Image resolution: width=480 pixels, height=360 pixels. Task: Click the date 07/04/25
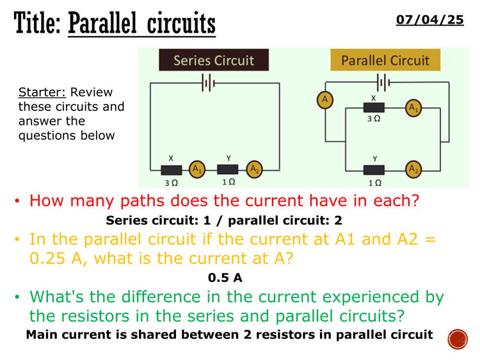click(429, 20)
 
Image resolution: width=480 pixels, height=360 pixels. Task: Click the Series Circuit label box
click(214, 60)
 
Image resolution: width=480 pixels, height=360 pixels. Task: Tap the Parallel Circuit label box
click(385, 60)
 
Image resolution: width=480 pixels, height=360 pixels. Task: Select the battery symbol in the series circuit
click(207, 83)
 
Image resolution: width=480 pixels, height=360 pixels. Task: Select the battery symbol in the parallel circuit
click(383, 83)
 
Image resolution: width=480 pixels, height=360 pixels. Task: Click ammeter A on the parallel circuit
click(325, 99)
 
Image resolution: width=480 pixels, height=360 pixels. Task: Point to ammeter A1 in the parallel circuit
click(414, 108)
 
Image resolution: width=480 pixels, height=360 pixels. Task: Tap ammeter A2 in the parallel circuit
click(414, 169)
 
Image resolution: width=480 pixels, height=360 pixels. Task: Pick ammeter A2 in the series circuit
click(255, 169)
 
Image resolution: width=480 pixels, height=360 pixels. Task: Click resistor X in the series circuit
click(172, 170)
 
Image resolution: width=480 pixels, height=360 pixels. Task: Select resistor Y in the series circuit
click(228, 169)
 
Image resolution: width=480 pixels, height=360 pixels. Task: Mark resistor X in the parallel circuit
click(374, 108)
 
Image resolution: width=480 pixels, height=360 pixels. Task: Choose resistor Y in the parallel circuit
click(374, 170)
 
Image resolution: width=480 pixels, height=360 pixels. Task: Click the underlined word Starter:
click(42, 92)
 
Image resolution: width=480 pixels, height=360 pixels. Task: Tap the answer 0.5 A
click(225, 278)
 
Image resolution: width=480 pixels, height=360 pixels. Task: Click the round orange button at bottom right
click(458, 339)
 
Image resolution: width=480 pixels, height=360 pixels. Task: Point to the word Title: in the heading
click(38, 24)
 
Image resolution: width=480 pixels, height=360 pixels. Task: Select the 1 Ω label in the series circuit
click(228, 182)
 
